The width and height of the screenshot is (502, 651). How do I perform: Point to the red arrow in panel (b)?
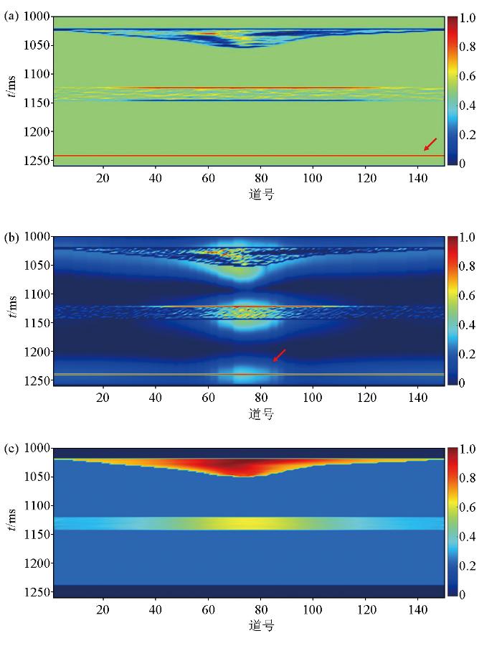280,355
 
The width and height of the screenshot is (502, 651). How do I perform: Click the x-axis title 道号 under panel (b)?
261,414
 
